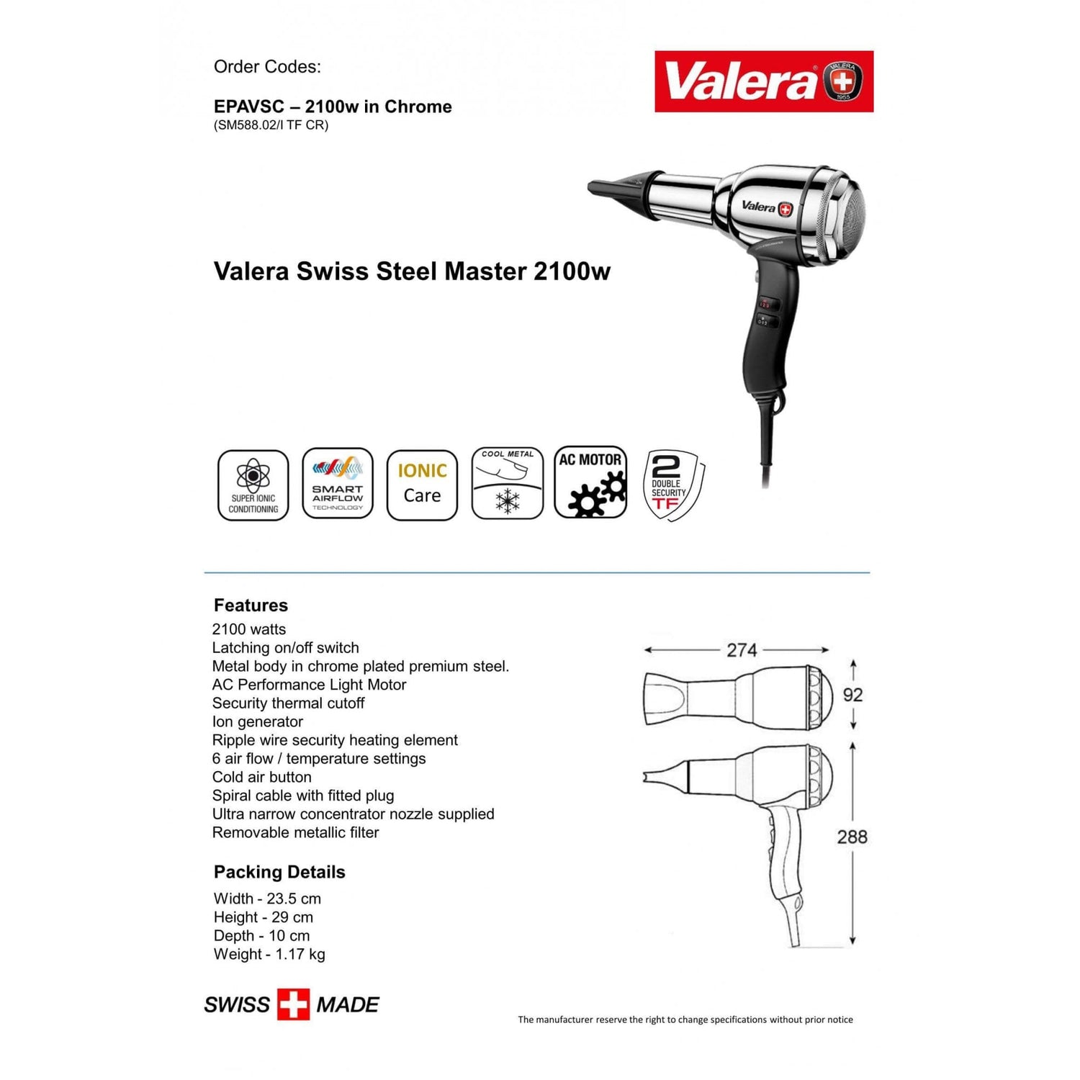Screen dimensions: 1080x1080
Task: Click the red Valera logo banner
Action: click(x=764, y=81)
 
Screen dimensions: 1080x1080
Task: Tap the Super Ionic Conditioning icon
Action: click(x=253, y=485)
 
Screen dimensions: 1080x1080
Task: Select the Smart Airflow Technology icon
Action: click(x=338, y=483)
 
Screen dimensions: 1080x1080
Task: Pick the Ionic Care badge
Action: click(x=422, y=485)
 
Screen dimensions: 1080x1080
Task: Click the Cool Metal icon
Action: click(x=508, y=482)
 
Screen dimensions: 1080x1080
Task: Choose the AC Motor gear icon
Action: click(x=591, y=482)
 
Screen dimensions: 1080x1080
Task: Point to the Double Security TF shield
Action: click(x=673, y=485)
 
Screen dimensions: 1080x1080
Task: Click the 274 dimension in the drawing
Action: click(x=742, y=650)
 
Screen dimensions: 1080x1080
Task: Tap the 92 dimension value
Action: click(x=853, y=695)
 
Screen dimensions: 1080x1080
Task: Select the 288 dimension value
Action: click(x=852, y=837)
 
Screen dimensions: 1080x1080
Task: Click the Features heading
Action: click(x=251, y=606)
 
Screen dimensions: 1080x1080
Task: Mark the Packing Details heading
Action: click(x=279, y=872)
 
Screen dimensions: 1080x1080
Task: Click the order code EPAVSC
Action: click(x=249, y=107)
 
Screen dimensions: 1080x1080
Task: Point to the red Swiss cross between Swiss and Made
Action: click(x=293, y=1004)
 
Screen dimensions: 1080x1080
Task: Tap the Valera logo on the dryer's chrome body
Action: click(x=767, y=207)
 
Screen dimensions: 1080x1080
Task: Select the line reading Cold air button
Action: click(x=262, y=777)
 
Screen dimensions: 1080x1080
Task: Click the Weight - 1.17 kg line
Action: click(x=269, y=954)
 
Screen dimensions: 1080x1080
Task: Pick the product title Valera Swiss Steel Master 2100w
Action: click(x=412, y=271)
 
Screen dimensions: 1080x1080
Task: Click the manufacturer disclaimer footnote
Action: click(x=685, y=1020)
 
